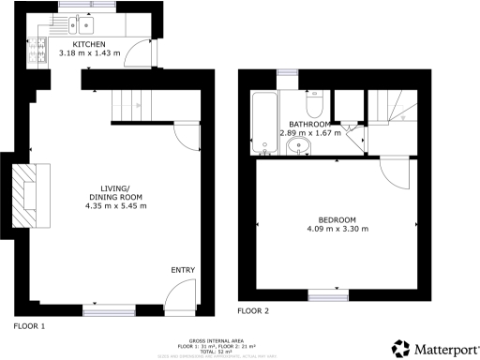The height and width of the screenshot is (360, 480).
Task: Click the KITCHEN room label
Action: [89, 43]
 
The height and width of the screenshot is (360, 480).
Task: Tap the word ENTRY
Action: [182, 270]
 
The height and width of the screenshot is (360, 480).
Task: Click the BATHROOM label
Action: [308, 124]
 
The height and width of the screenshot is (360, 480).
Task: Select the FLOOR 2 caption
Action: [253, 309]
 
